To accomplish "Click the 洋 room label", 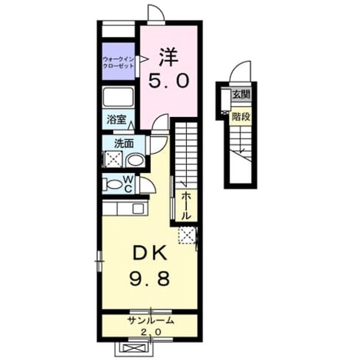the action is coord(169,57).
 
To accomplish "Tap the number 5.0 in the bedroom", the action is coord(169,81).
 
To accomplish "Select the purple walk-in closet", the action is coord(118,61).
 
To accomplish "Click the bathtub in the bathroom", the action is coord(118,97).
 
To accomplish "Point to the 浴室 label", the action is coord(116,120).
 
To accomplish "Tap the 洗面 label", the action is coord(124,144).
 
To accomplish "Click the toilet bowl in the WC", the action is coord(114,184).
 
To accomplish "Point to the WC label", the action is coord(128,184).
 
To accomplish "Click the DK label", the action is coord(150,253).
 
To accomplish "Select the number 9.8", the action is coord(150,278).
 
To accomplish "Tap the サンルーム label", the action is coord(151,321).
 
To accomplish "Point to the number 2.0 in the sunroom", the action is coord(150,332).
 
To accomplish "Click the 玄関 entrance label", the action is coord(241,94).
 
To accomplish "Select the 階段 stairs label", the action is coord(241,116).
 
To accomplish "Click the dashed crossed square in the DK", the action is coord(187,235).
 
